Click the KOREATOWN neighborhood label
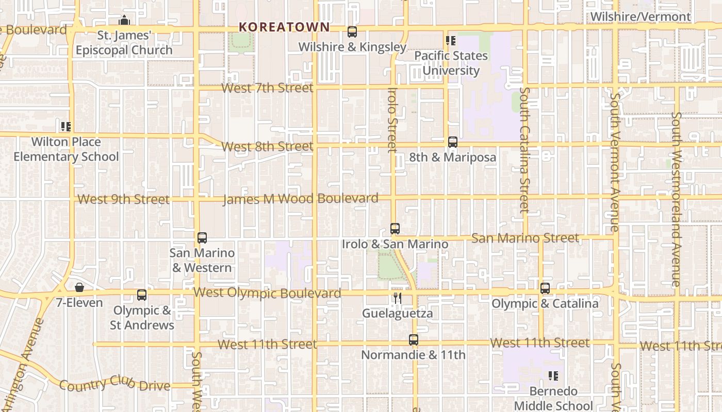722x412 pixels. click(x=284, y=27)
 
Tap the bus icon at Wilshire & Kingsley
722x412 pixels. click(x=352, y=32)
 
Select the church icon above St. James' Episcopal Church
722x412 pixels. click(x=124, y=21)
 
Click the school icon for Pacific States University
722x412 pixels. click(x=451, y=40)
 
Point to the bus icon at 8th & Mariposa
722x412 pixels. click(x=453, y=142)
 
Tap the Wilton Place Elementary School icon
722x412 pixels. click(x=65, y=126)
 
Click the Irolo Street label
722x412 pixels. click(x=393, y=120)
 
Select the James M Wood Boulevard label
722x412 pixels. click(x=300, y=199)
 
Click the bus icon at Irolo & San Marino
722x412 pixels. click(x=395, y=229)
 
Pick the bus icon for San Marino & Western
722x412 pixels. click(x=202, y=238)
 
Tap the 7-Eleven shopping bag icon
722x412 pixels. click(x=79, y=287)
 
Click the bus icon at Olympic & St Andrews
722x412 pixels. click(x=142, y=295)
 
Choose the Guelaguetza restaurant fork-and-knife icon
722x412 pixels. click(x=397, y=298)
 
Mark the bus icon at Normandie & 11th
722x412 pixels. click(x=414, y=340)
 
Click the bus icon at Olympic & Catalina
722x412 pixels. click(x=545, y=288)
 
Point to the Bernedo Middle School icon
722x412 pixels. click(x=553, y=376)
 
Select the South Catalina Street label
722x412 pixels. click(x=524, y=149)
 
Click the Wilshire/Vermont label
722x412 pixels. click(x=641, y=16)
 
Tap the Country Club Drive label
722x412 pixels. click(x=114, y=384)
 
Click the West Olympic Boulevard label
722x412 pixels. click(x=267, y=293)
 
